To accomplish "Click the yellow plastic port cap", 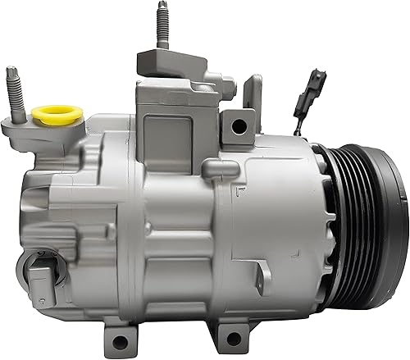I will tap(55, 115).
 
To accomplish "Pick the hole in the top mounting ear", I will tap(239, 125).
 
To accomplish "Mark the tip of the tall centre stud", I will tap(158, 6).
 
